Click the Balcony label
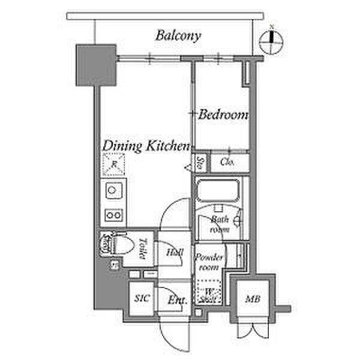click(178, 35)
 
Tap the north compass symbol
click(272, 41)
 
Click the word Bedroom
click(223, 114)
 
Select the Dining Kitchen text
click(146, 146)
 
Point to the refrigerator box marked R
click(113, 163)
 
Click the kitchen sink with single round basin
click(112, 191)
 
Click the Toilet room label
click(142, 248)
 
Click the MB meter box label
click(253, 298)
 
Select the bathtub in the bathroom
click(217, 191)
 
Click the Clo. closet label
click(227, 162)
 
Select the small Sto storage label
click(200, 162)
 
